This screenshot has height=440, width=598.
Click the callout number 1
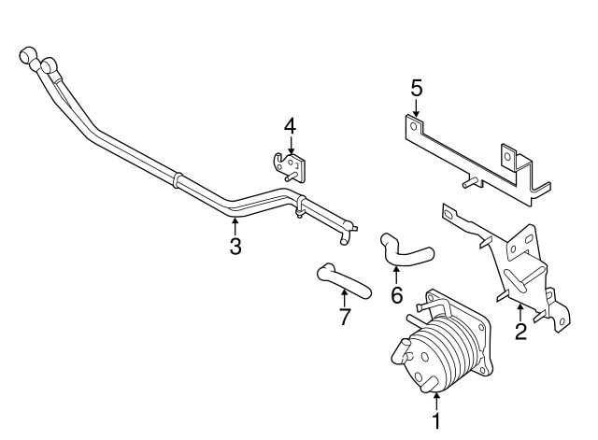[436, 421]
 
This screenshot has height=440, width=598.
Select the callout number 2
[520, 331]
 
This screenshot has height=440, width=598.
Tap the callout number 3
[235, 246]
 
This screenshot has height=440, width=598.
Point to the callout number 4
[290, 127]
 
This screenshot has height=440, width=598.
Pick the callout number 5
[417, 88]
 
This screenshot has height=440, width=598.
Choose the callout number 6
[396, 294]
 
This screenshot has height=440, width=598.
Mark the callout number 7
[345, 317]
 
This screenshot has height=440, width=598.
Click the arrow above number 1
[436, 402]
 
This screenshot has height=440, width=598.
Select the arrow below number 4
[291, 146]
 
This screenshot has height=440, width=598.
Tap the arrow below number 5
[416, 107]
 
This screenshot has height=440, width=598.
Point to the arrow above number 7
[345, 298]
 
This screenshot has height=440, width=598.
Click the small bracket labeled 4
[290, 167]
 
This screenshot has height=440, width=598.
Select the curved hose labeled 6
[405, 250]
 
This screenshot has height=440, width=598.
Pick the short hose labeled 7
[343, 281]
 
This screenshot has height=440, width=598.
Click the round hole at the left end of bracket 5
[413, 126]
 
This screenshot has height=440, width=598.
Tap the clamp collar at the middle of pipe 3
[176, 180]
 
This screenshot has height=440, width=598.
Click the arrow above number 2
[520, 312]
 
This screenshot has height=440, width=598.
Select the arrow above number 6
[396, 276]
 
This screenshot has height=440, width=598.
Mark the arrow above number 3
[235, 226]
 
